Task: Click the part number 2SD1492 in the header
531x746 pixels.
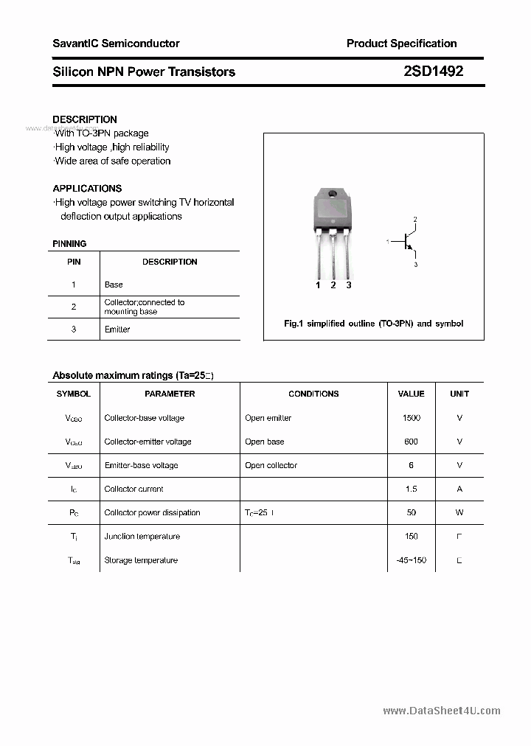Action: [433, 72]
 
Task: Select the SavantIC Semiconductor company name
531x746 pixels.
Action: [116, 43]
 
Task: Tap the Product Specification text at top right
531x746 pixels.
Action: [401, 43]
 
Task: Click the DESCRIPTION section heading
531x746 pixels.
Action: [85, 119]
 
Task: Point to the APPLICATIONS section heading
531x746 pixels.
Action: [87, 189]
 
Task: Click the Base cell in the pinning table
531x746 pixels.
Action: [114, 285]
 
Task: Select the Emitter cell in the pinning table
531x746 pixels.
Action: [117, 330]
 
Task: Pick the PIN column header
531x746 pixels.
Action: [74, 262]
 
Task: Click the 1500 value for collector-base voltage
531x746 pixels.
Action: [411, 418]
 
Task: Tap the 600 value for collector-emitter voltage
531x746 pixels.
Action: [411, 442]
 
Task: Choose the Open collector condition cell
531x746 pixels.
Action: [271, 465]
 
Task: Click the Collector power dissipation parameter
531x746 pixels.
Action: [152, 512]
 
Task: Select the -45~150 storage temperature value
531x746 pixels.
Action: [411, 560]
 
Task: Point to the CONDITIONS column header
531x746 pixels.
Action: [313, 394]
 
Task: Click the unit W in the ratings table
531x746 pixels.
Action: [459, 512]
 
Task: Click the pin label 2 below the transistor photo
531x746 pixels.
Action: [333, 285]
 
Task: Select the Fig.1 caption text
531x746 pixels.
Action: [373, 324]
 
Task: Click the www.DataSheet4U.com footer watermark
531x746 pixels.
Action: [442, 711]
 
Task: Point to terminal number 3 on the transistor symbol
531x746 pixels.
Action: [415, 264]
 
